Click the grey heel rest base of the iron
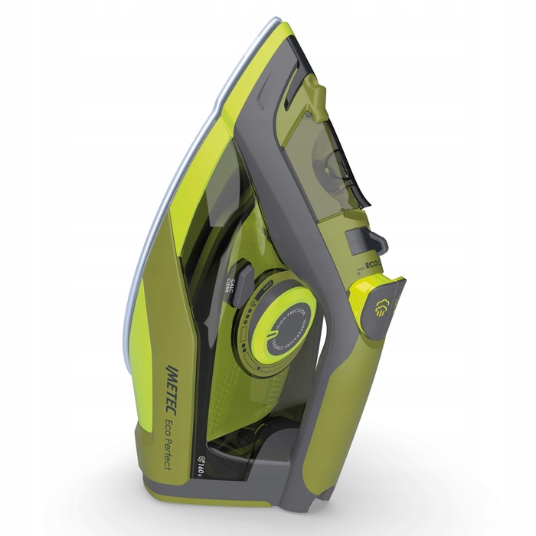253,490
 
